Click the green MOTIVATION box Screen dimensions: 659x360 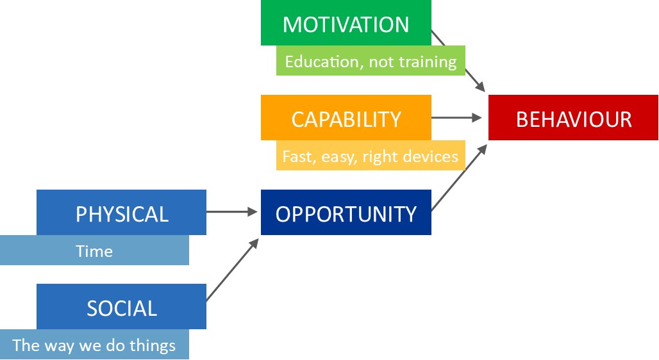click(x=346, y=22)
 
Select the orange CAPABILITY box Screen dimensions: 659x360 click(x=346, y=118)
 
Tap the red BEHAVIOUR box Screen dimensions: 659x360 click(x=573, y=118)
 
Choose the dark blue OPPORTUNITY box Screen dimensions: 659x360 click(x=346, y=212)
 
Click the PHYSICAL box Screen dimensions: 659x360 click(x=121, y=212)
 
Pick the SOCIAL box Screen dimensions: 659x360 click(x=121, y=306)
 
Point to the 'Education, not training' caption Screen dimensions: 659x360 click(x=371, y=61)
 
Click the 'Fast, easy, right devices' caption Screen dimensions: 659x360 click(x=371, y=156)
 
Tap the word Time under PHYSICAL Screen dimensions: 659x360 click(x=94, y=251)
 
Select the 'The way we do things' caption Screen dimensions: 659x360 click(x=94, y=345)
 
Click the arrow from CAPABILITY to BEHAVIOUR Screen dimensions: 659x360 click(x=456, y=118)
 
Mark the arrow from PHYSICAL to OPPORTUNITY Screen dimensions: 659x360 click(x=232, y=212)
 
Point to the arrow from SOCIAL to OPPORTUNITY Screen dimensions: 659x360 click(x=233, y=270)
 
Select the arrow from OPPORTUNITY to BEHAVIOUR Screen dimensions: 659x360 click(x=460, y=177)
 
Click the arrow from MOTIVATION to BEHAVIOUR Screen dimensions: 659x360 click(x=458, y=61)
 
